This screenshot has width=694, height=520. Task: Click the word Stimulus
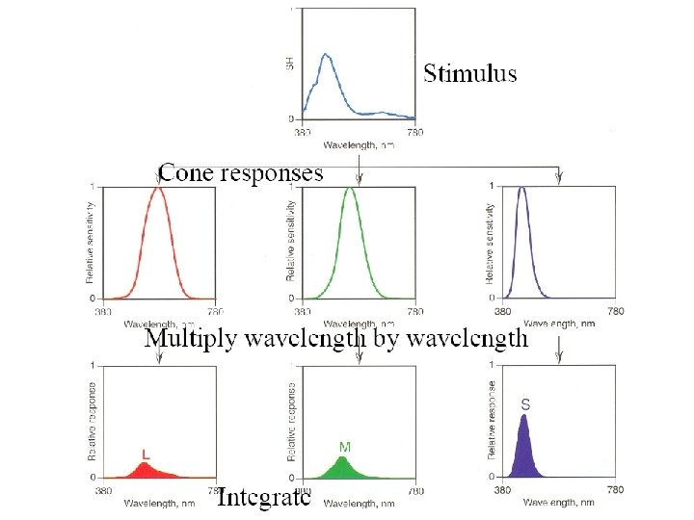click(x=469, y=73)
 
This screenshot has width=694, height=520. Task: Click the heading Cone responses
click(x=241, y=173)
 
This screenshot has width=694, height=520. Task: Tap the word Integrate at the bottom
click(x=263, y=498)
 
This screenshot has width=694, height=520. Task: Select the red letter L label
click(x=146, y=453)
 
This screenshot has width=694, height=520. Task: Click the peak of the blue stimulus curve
click(x=326, y=55)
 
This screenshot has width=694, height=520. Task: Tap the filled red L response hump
click(x=145, y=468)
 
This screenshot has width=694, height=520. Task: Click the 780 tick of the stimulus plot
click(x=414, y=130)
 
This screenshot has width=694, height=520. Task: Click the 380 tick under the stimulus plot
click(x=302, y=130)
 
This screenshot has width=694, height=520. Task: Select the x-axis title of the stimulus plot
click(x=359, y=144)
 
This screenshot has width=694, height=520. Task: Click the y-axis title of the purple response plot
click(x=492, y=417)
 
